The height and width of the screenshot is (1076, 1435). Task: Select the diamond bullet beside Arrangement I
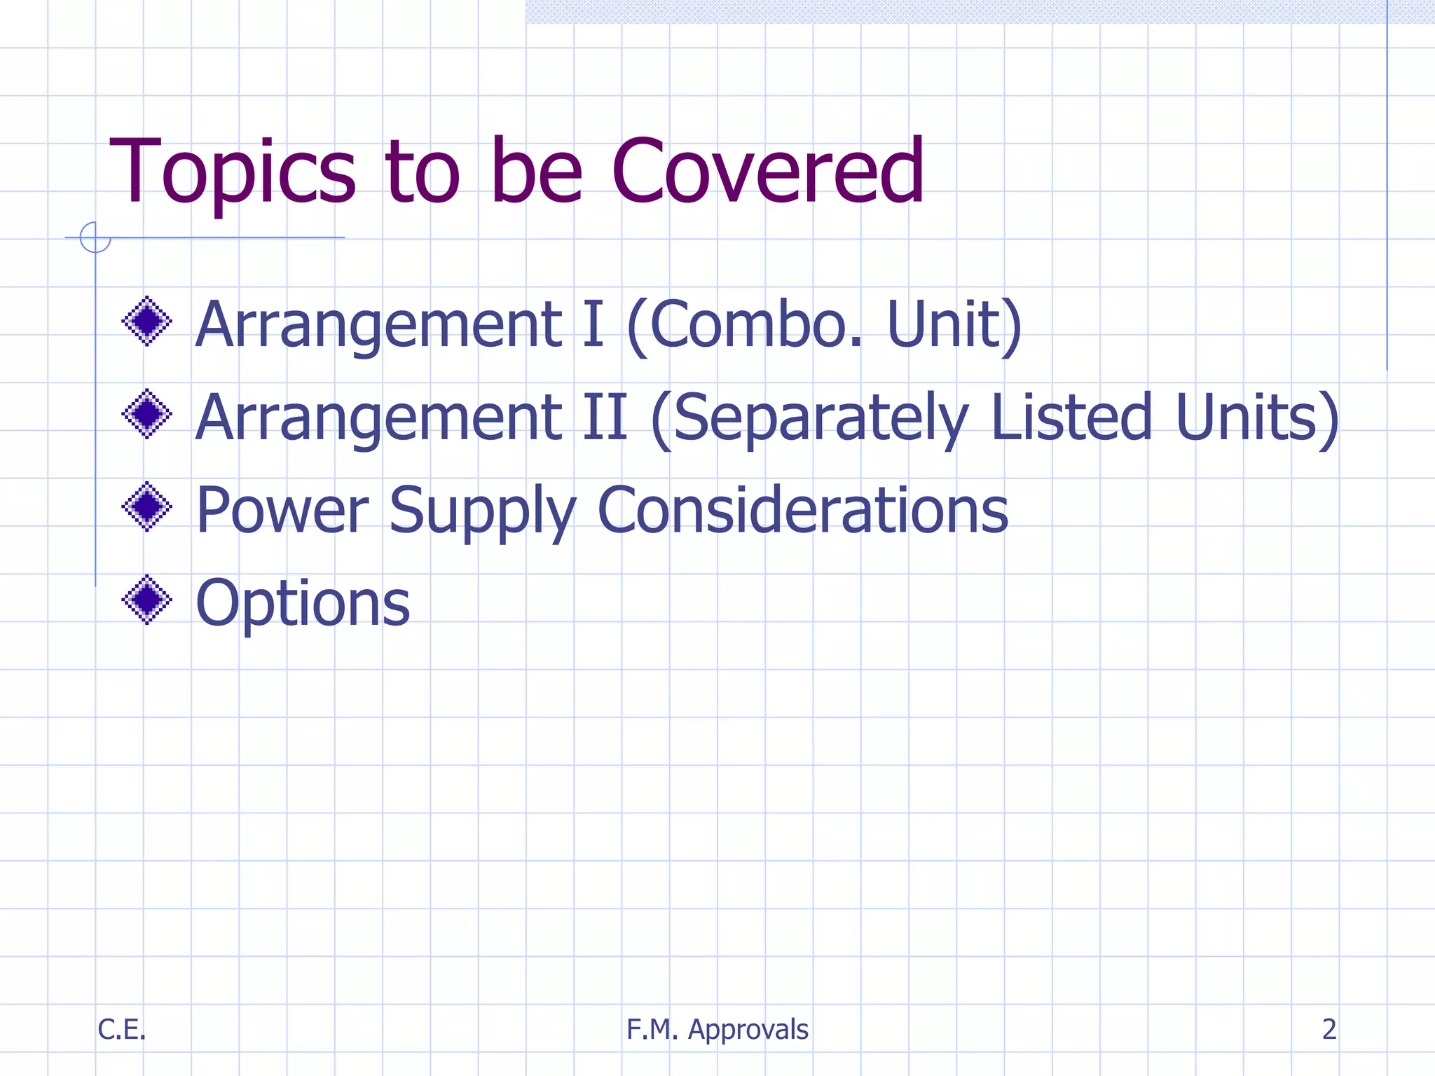click(x=147, y=322)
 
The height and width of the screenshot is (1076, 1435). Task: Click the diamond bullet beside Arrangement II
click(x=147, y=414)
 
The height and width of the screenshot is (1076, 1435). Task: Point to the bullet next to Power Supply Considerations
click(x=147, y=506)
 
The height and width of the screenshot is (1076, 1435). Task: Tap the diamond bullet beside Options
click(x=147, y=600)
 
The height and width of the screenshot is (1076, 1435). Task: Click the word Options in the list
click(x=303, y=603)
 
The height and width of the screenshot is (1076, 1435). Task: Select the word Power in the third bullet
click(x=282, y=510)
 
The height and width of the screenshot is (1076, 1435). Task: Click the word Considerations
click(x=802, y=510)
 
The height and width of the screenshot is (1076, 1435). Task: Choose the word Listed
click(x=1071, y=418)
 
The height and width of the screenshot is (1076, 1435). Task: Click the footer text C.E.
click(x=121, y=1029)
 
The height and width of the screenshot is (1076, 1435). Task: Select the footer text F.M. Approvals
click(x=717, y=1030)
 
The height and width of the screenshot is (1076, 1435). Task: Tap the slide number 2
click(x=1328, y=1029)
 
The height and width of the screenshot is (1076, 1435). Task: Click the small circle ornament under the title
click(x=95, y=237)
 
